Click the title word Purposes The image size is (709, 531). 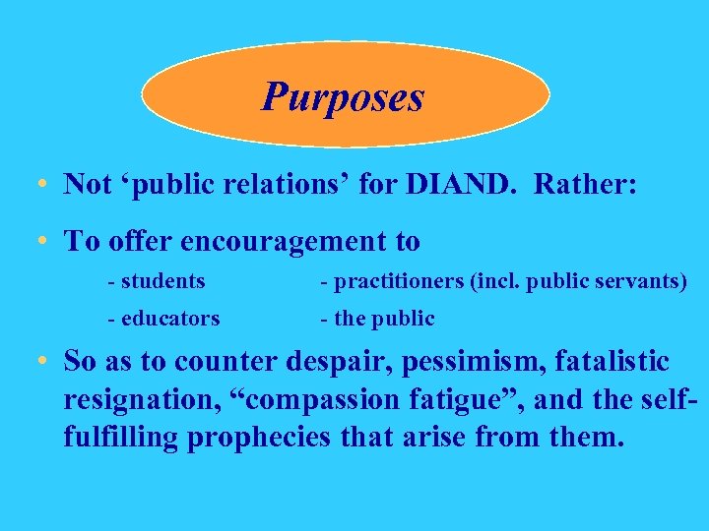tap(343, 96)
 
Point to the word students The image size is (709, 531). tap(162, 282)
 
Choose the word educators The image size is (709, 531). tap(170, 319)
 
